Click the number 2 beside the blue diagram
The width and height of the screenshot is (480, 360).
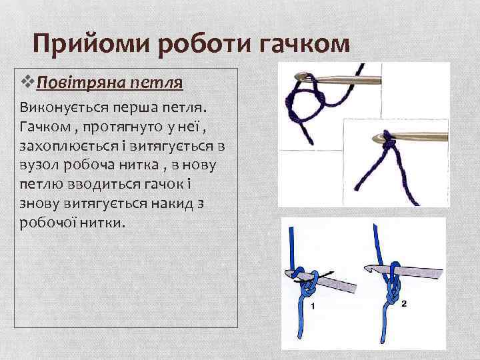click(x=404, y=303)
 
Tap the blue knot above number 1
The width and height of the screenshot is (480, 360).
click(x=309, y=287)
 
